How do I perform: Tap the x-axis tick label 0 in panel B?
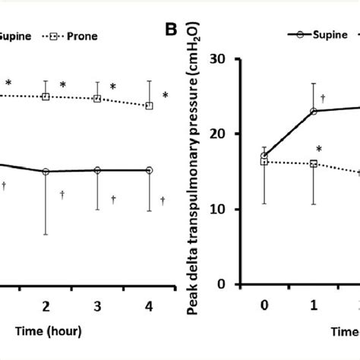coord(264,305)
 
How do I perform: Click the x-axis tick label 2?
coord(46,305)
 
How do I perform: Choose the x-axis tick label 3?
coord(98,305)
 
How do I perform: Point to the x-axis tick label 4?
coord(149,305)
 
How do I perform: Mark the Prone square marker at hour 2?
coord(46,96)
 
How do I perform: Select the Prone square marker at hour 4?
coord(149,106)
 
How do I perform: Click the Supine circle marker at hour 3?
coord(98,170)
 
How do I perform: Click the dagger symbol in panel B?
coord(324,99)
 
